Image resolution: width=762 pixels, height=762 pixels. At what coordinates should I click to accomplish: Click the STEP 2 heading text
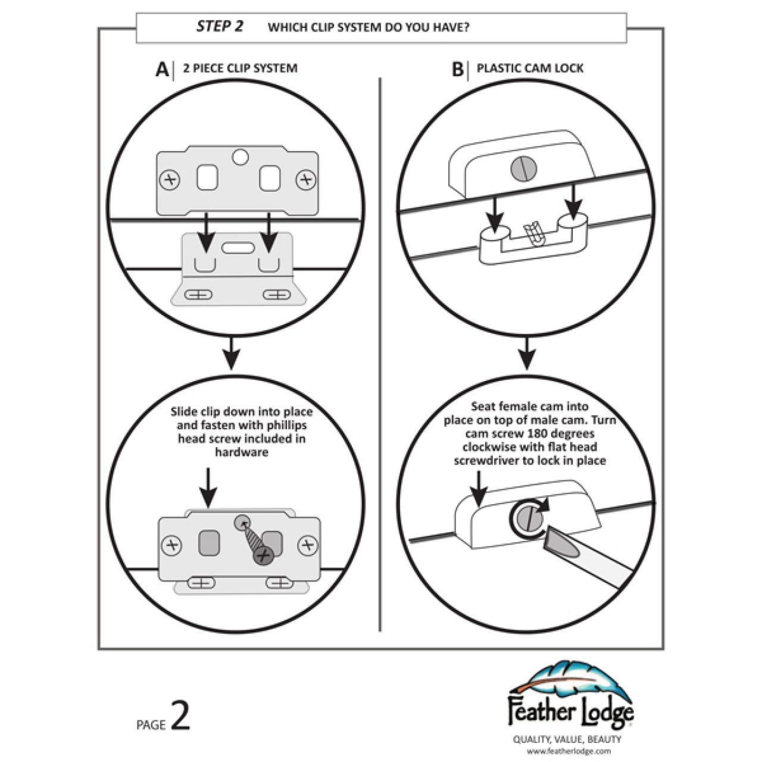[220, 27]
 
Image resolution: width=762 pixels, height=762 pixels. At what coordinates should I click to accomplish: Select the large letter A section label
[161, 70]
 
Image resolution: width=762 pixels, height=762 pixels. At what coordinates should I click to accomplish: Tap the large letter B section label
[457, 70]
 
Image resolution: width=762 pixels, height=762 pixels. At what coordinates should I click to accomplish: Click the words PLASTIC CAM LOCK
[530, 68]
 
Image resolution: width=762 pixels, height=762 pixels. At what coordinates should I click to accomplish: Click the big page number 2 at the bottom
[180, 716]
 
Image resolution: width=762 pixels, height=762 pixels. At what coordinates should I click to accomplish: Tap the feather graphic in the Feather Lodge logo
[571, 679]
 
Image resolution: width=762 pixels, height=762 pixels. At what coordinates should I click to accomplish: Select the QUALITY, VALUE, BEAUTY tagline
[567, 739]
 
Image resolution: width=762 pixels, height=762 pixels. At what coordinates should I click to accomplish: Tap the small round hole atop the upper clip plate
[240, 157]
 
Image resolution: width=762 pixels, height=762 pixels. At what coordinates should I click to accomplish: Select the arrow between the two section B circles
[526, 355]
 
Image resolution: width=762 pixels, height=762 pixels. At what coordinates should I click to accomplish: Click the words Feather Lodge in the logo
[570, 713]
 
